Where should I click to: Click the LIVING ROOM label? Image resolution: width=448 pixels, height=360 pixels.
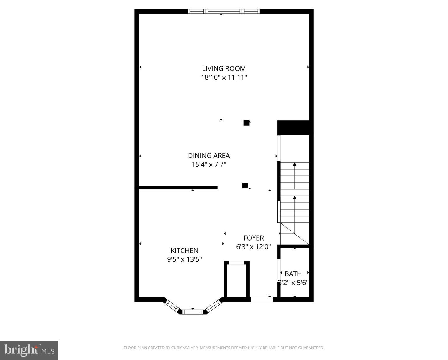point(224,68)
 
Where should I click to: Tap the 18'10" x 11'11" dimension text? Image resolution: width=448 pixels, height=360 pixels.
point(224,77)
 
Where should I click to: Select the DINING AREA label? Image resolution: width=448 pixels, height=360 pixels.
point(209,156)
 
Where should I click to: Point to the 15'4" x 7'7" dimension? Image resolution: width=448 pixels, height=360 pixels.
point(209,165)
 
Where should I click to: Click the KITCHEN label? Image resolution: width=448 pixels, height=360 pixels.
point(184,250)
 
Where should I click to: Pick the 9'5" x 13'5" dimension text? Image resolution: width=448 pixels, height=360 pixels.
point(184,259)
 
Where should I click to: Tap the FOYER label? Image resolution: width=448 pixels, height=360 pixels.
point(254,238)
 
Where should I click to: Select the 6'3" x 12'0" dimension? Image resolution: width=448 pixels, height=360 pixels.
point(254,247)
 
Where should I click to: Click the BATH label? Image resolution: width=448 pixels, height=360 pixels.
point(293,274)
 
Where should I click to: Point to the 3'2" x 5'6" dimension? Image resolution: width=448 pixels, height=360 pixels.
point(293,283)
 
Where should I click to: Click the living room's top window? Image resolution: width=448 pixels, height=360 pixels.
point(224,11)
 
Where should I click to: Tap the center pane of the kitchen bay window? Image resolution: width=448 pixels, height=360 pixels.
point(193,312)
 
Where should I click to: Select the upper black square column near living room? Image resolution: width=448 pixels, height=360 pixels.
point(246,123)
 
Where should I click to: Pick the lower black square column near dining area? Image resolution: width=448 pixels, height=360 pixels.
point(245,185)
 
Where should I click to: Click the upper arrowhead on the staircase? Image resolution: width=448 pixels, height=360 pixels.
point(295,164)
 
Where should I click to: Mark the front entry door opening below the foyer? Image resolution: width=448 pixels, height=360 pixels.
point(262,299)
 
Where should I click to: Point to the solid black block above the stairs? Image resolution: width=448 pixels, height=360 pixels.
point(293,128)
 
